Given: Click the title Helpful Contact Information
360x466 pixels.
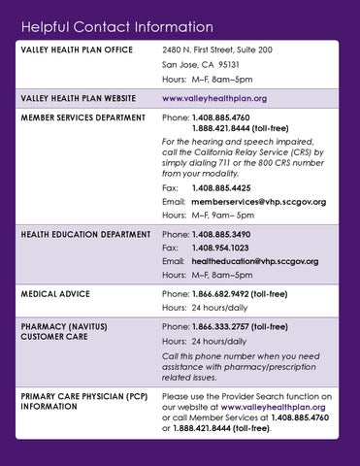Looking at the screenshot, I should [x=116, y=22].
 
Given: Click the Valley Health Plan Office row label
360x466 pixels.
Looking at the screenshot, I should [x=73, y=49].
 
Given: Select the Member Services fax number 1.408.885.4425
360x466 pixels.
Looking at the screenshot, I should [x=218, y=186].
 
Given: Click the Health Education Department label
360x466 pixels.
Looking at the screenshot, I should [x=85, y=234].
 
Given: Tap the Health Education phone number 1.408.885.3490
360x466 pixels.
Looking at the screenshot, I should [x=221, y=234].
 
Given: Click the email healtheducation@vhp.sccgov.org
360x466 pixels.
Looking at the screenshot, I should [x=254, y=262].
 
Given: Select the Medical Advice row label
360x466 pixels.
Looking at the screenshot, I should [x=55, y=293].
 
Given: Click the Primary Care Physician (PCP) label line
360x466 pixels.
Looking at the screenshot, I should [x=82, y=396].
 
